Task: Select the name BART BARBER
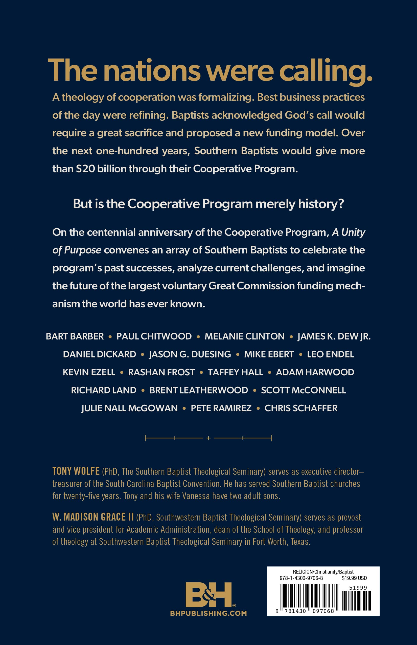75,336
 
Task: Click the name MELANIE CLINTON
245,336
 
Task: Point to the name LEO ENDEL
330,354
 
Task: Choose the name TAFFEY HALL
235,372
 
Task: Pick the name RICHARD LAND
103,390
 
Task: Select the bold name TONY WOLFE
76,471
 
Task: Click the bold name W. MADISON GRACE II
93,517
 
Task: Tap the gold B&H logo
209,595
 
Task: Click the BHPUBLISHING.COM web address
209,613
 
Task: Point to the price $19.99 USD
354,578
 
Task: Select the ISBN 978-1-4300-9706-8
301,578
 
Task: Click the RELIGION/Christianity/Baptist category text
323,572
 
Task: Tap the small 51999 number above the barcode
358,588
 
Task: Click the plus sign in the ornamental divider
209,438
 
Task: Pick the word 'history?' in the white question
321,204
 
